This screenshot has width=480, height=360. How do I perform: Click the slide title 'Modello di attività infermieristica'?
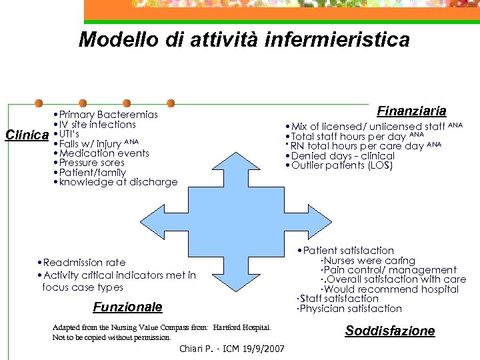[244, 40]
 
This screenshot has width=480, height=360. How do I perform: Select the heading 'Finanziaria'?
[411, 111]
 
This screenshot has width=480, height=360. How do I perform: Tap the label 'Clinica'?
[27, 135]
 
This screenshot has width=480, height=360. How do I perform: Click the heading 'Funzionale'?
[127, 307]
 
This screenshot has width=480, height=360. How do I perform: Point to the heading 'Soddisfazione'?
[389, 331]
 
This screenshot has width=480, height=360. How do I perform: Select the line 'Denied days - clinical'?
[339, 156]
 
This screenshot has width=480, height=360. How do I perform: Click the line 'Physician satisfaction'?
[349, 309]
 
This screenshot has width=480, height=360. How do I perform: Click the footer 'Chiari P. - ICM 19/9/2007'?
[232, 349]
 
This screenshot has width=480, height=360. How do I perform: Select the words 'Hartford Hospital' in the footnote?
[241, 328]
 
